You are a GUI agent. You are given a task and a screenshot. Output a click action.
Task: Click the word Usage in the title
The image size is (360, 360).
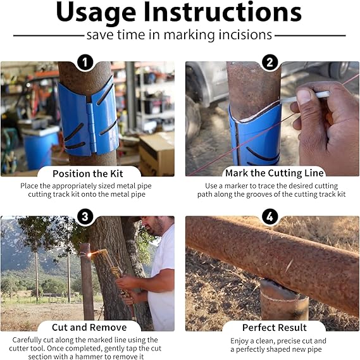point(96,13)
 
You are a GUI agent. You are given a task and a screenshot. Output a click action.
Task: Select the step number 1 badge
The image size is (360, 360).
point(85,62)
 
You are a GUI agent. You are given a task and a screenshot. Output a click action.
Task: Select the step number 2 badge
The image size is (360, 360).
point(270,62)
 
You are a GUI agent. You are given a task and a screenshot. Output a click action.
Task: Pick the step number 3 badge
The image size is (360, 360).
point(85,216)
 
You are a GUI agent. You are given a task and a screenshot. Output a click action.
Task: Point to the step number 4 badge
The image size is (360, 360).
point(270,216)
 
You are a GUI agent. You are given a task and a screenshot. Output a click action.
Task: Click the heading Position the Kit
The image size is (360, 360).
point(88,173)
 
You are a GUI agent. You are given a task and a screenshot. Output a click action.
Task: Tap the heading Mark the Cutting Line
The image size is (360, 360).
point(275,173)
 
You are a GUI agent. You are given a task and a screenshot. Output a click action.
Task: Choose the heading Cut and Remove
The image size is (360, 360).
point(89,327)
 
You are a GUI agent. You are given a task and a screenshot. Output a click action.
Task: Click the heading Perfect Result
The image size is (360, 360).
point(275,327)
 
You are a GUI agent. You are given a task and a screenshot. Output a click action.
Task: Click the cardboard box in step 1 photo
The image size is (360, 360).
point(156,154)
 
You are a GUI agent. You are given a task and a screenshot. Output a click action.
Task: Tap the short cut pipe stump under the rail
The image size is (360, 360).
point(284,300)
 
